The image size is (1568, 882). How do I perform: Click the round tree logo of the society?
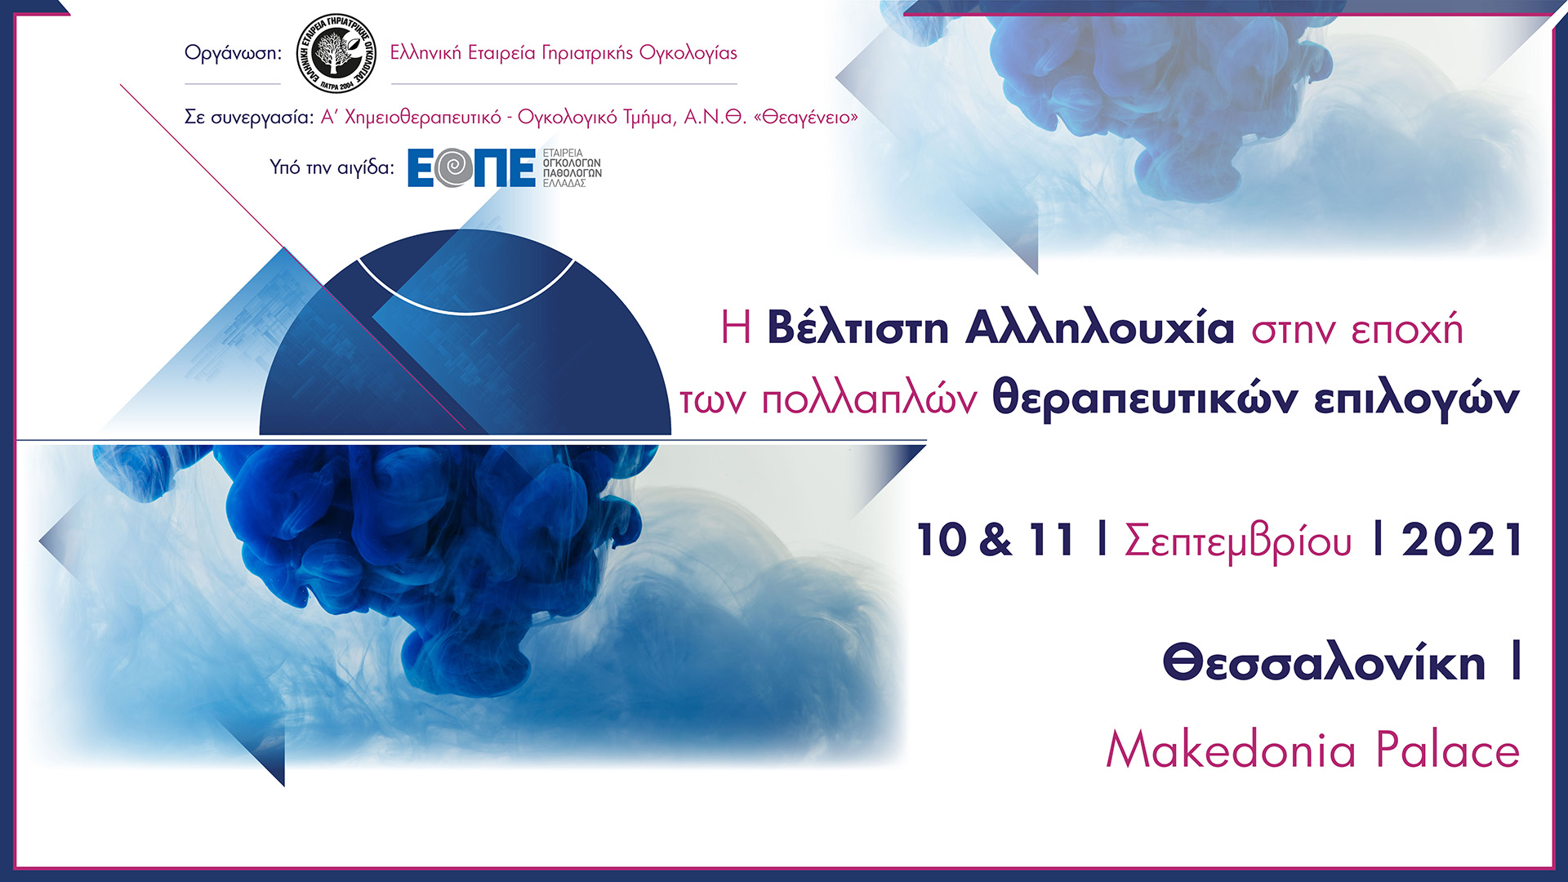[336, 53]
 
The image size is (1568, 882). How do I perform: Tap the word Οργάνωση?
[232, 54]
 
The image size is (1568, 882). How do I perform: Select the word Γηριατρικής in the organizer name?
[587, 53]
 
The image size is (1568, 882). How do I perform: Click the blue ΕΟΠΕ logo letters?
[471, 167]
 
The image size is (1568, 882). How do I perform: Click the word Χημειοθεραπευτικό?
[411, 118]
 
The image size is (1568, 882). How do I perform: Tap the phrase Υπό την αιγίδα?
[332, 167]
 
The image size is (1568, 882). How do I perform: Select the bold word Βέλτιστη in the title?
[857, 328]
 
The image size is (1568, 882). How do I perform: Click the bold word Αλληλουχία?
[1099, 328]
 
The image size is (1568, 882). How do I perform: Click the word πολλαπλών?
[869, 400]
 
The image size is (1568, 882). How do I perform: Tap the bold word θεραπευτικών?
[1144, 400]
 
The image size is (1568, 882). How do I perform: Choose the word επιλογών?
[1416, 400]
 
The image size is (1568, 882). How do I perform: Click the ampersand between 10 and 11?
[996, 541]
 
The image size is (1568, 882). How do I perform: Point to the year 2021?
[1462, 541]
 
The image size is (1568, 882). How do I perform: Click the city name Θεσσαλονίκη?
[1324, 662]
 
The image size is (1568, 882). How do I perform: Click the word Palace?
[1447, 750]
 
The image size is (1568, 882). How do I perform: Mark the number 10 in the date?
[942, 541]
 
